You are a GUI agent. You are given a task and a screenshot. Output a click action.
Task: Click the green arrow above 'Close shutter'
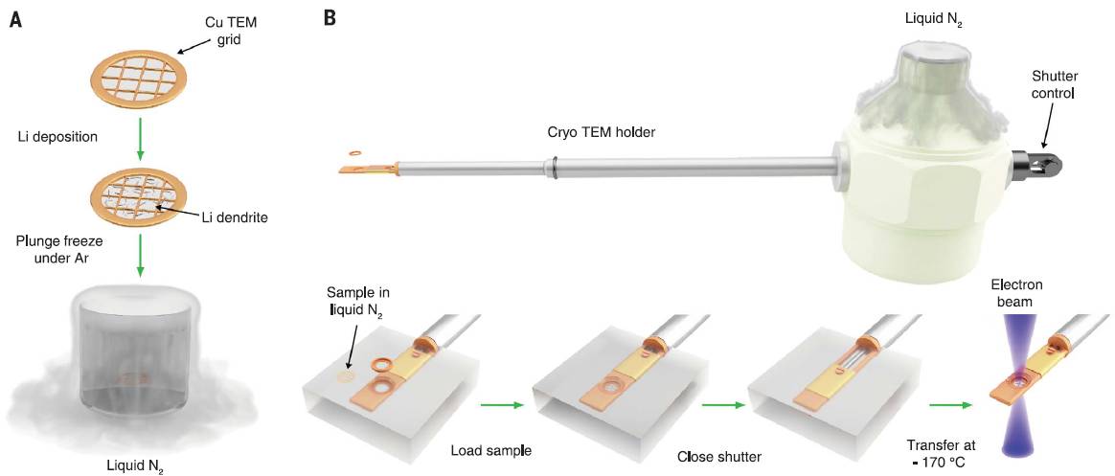[x=722, y=404]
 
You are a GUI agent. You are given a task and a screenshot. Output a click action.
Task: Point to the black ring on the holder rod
[x=556, y=173]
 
